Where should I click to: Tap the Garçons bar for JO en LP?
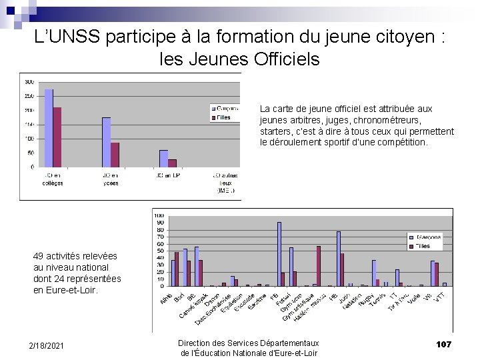coord(163,159)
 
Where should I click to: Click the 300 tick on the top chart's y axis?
coord(29,82)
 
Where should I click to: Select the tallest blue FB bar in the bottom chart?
coord(279,254)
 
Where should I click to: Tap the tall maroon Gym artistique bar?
coord(319,266)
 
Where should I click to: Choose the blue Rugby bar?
coord(374,273)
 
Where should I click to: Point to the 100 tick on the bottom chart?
coord(159,215)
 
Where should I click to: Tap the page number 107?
coord(443,344)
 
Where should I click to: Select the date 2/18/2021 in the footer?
coord(47,345)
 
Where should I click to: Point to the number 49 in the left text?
coord(39,256)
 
